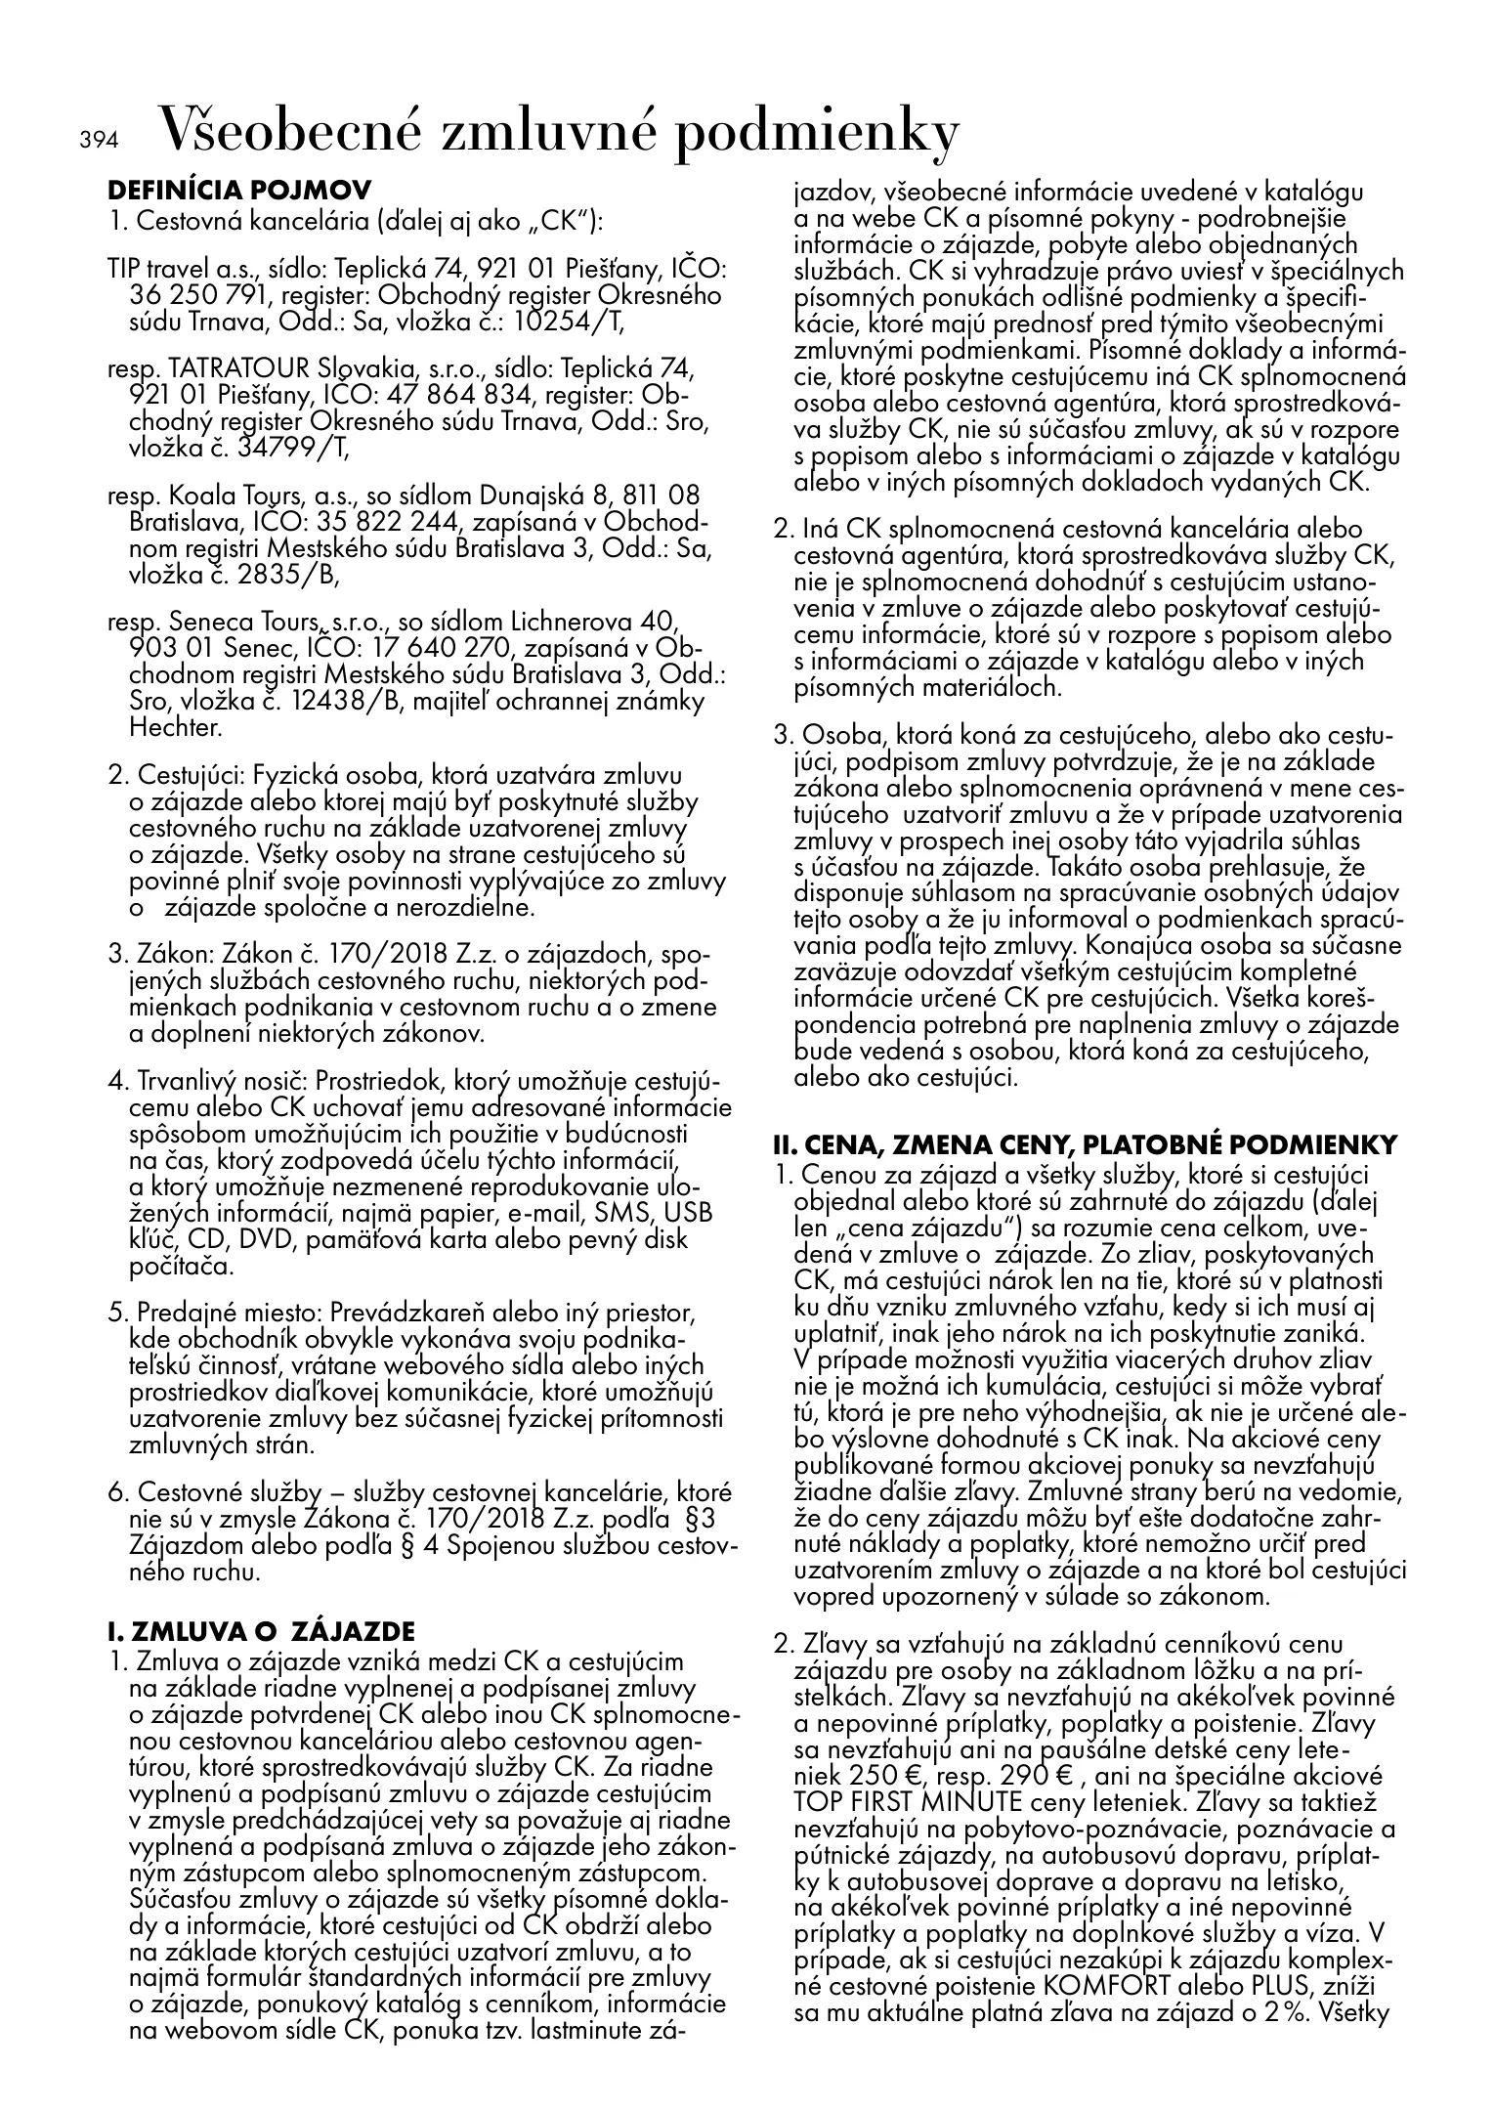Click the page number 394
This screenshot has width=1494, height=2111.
[98, 141]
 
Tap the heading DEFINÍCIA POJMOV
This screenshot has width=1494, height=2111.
[238, 189]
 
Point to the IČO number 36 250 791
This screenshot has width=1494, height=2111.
[191, 295]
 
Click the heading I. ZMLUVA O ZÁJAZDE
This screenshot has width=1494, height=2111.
[260, 1631]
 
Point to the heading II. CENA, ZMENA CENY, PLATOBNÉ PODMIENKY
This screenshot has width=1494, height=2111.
[1085, 1144]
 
